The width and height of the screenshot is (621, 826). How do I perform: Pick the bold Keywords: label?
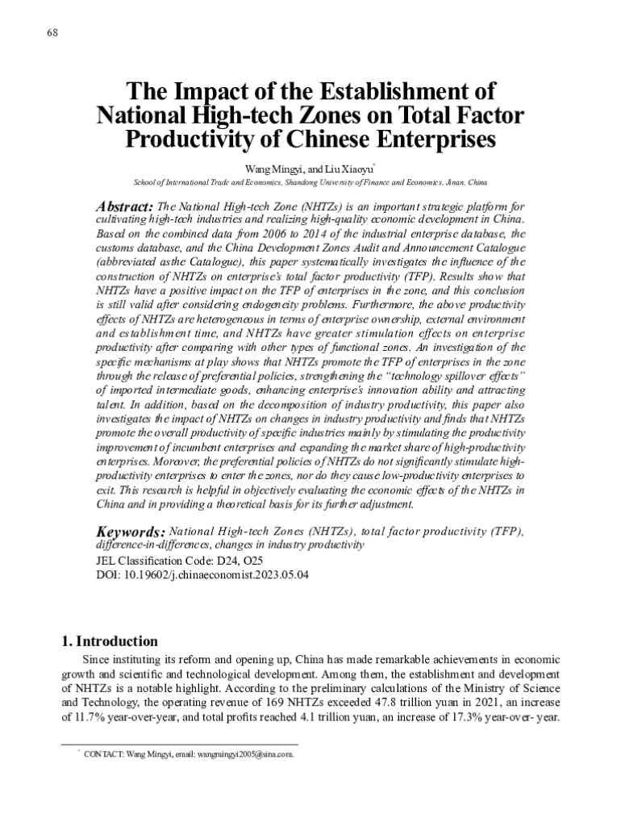(131, 532)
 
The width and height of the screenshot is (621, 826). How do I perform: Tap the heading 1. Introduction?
(110, 642)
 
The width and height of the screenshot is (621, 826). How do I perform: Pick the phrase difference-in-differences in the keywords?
(151, 545)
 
